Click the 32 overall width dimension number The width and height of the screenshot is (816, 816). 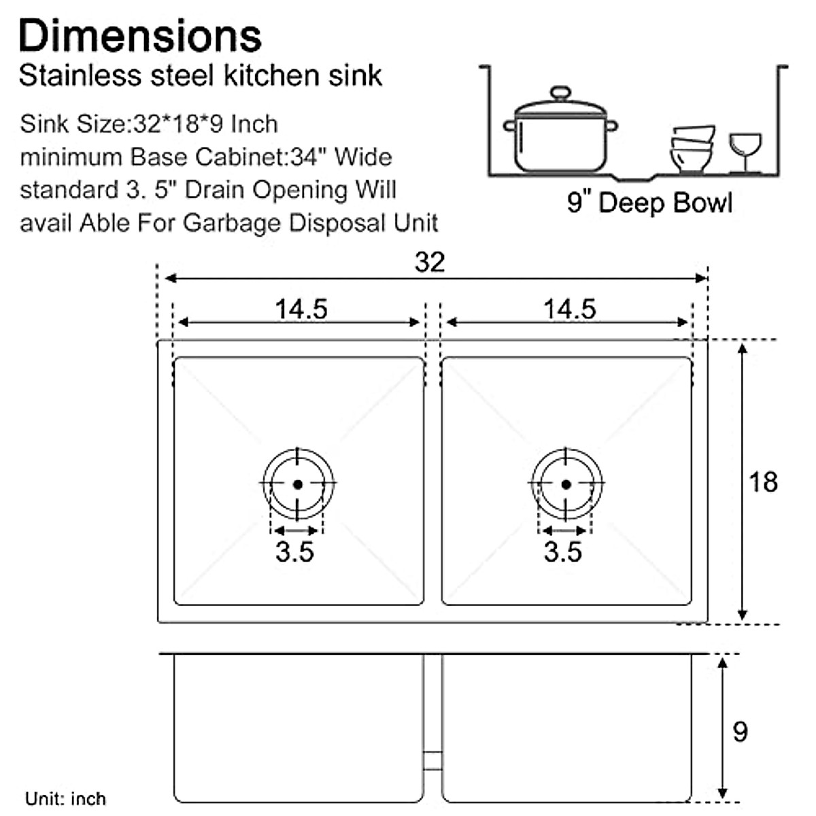430,262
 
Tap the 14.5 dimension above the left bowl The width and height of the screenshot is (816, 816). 301,309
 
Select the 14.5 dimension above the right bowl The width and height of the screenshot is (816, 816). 569,309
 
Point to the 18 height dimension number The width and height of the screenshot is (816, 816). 763,482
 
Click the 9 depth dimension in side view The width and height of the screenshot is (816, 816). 740,732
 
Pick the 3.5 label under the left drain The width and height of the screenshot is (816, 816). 295,551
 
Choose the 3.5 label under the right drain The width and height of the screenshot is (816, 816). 563,551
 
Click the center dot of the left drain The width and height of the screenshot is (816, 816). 298,484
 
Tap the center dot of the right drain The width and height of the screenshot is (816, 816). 566,484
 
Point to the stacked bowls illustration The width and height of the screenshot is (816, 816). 692,148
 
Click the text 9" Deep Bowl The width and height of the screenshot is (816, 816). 649,203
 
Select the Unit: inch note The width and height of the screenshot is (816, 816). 65,798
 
